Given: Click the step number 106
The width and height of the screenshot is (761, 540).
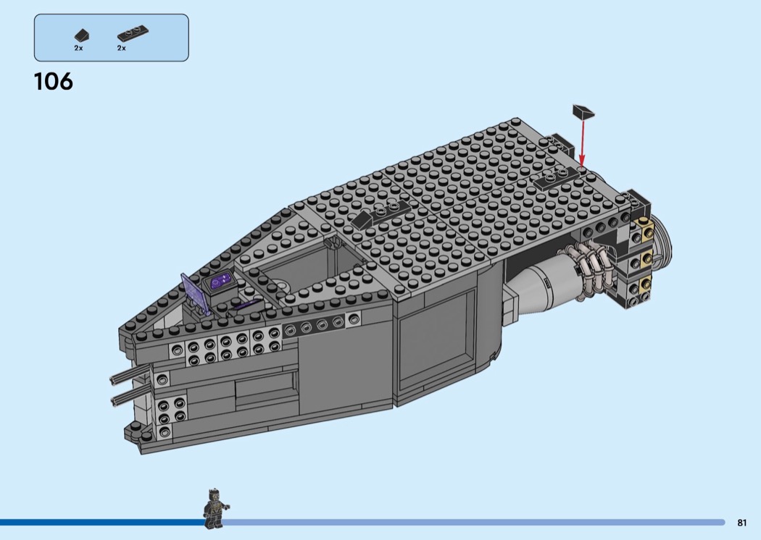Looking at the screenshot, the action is tap(54, 82).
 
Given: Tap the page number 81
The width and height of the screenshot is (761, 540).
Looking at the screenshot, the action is tap(741, 523).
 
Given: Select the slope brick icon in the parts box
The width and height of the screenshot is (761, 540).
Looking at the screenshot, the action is tap(82, 35).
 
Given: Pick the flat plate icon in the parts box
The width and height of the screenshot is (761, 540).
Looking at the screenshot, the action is tap(133, 34).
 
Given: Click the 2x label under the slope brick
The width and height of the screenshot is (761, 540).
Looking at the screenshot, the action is tap(78, 48).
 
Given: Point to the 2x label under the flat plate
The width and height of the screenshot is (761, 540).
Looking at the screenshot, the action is tap(121, 48).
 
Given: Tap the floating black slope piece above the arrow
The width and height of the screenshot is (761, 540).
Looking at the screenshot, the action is tap(583, 111).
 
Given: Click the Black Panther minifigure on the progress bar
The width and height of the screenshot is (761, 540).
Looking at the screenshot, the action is tap(215, 508).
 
